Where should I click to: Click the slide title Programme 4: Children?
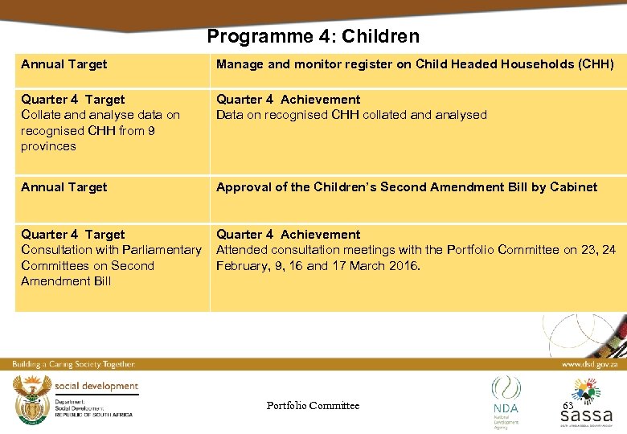point(313,36)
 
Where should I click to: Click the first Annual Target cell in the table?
point(64,64)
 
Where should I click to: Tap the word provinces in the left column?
point(48,146)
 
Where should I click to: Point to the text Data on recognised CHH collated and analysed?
point(351,115)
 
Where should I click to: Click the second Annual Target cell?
point(64,187)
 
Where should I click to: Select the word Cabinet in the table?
point(574,187)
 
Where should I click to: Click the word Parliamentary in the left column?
point(161,250)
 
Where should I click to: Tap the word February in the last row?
point(243,265)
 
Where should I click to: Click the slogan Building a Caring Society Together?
point(73,364)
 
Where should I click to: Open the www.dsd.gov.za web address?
point(590,364)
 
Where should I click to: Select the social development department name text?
point(96,387)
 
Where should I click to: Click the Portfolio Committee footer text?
point(313,406)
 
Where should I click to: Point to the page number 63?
point(568,406)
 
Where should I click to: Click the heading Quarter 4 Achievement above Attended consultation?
point(288,235)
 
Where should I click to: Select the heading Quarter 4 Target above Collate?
point(72,100)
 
